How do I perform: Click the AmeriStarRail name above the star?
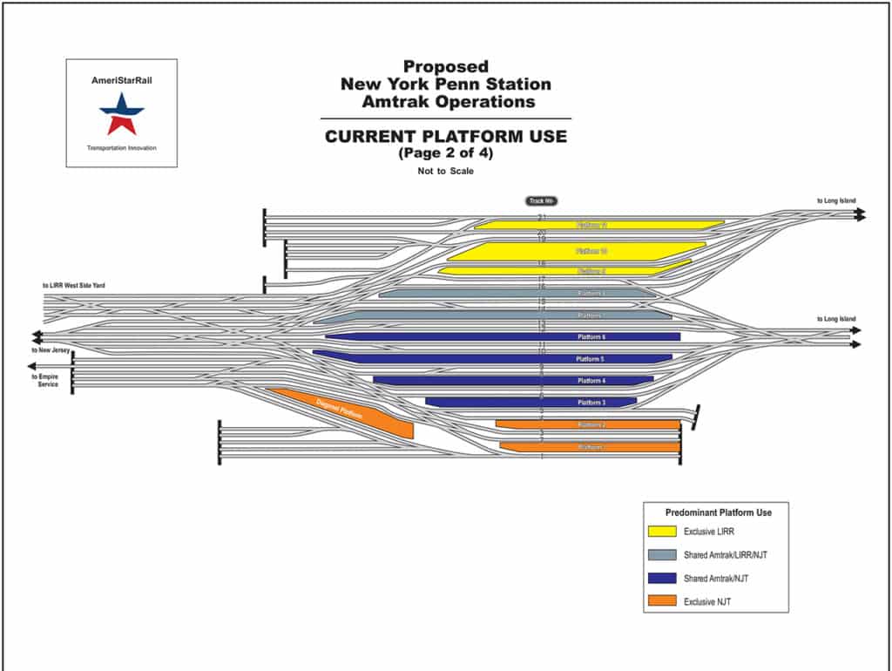121,80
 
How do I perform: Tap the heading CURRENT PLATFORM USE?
445,136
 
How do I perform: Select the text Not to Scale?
445,171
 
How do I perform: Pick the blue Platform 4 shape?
513,380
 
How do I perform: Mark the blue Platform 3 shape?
531,402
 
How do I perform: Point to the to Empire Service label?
45,380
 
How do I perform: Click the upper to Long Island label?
835,201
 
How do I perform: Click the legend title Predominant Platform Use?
718,512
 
